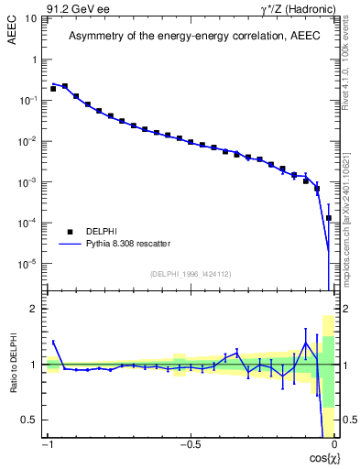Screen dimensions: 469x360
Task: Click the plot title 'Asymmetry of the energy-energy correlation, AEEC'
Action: coord(190,37)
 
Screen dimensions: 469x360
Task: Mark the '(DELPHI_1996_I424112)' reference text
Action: coord(190,274)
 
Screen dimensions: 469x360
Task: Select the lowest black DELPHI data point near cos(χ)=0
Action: coord(329,218)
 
